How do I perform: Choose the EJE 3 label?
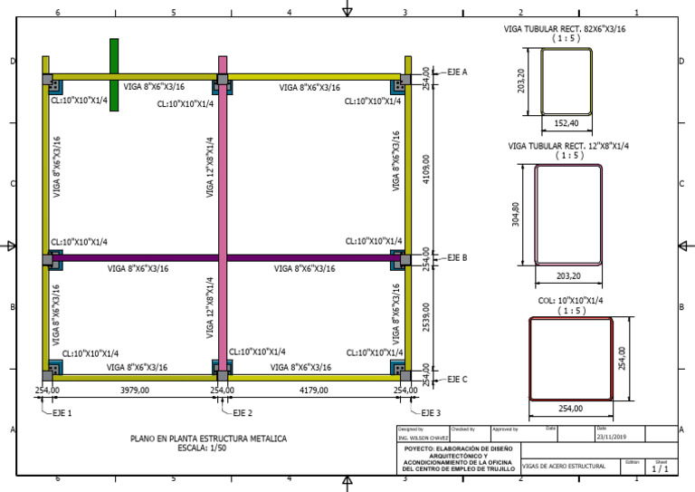(428, 412)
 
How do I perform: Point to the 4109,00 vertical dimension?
(426, 169)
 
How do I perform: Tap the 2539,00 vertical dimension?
(426, 317)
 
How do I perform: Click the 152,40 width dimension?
(566, 122)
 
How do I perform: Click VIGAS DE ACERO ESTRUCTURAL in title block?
(563, 466)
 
